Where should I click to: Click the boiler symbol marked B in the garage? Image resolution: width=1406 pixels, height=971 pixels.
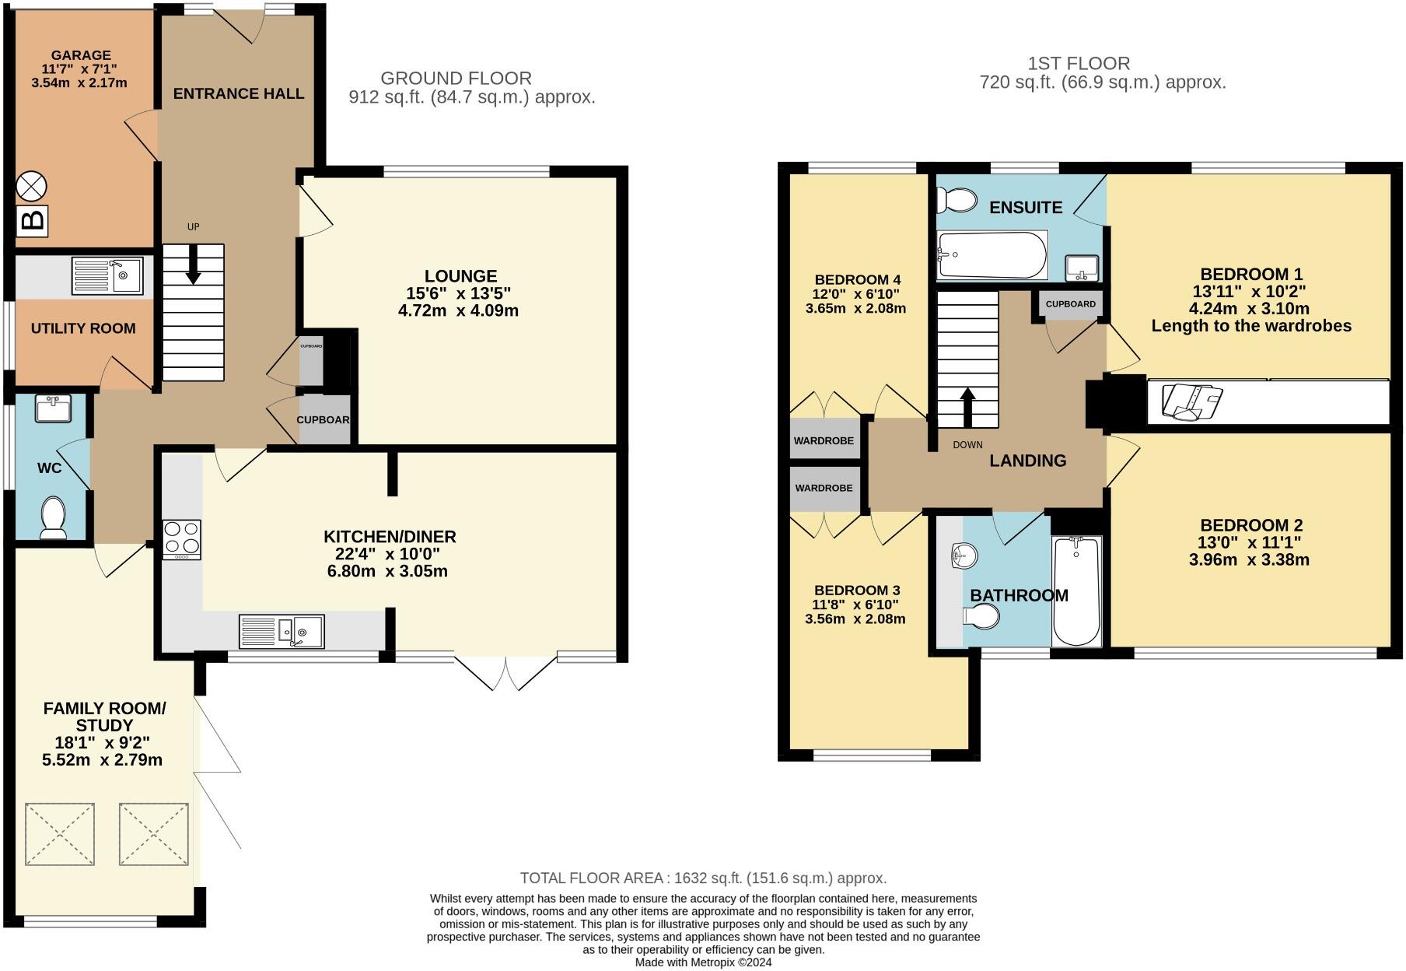pos(32,221)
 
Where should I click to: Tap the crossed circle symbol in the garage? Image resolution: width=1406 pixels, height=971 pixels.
pos(32,186)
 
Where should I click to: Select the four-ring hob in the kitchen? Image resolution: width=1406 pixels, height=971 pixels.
pos(181,539)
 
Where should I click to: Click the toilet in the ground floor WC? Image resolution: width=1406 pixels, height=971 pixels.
pos(54,517)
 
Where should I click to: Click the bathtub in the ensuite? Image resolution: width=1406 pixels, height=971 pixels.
pos(992,254)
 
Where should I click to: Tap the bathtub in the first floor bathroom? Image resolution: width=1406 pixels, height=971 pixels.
pos(1076,591)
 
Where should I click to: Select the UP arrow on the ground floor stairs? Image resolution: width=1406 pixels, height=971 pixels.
pos(193,265)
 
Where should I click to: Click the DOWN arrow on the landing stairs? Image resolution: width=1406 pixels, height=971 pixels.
pos(967,408)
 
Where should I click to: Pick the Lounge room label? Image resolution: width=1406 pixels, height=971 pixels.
pos(460,276)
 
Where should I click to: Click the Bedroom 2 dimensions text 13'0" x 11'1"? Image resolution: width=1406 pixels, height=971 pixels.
pos(1250,542)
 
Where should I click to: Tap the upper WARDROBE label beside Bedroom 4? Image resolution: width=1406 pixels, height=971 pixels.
pos(824,441)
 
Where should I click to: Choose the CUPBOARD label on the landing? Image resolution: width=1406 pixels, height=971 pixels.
pos(1071,304)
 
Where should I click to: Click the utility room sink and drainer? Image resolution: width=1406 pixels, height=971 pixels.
pos(107,275)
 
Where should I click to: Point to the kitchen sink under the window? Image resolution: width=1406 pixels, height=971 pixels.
pos(282,631)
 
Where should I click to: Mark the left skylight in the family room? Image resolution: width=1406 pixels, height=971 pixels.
pos(61,834)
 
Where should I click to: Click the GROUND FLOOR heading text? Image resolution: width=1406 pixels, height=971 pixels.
pos(456,79)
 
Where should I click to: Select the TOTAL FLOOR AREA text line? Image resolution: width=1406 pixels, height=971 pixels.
pos(703,878)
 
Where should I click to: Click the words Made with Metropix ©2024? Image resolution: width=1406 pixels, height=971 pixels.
pos(703,962)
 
